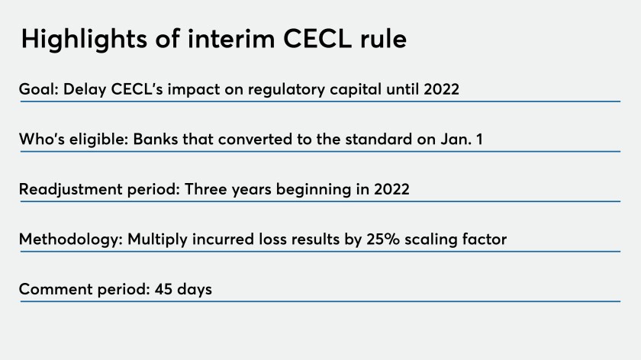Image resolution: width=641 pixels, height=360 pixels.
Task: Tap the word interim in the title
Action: pyautogui.click(x=231, y=39)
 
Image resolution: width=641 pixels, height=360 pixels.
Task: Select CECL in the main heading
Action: pyautogui.click(x=317, y=39)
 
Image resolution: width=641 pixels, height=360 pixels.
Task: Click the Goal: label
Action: pyautogui.click(x=39, y=89)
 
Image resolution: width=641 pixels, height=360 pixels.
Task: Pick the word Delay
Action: pyautogui.click(x=85, y=90)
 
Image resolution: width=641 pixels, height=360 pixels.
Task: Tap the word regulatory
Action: pyautogui.click(x=286, y=90)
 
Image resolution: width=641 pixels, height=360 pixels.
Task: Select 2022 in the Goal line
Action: pyautogui.click(x=442, y=89)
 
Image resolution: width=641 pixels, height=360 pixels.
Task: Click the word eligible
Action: pyautogui.click(x=99, y=140)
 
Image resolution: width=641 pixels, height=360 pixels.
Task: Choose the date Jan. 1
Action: pyautogui.click(x=462, y=140)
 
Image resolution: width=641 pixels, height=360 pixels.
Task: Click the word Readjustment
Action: pyautogui.click(x=70, y=190)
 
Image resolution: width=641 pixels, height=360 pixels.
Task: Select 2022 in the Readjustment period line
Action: pyautogui.click(x=391, y=189)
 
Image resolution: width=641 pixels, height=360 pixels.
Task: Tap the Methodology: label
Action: pyautogui.click(x=71, y=239)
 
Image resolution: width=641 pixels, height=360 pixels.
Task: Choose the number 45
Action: pyautogui.click(x=163, y=289)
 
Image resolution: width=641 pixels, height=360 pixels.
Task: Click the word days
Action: pyautogui.click(x=195, y=290)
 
